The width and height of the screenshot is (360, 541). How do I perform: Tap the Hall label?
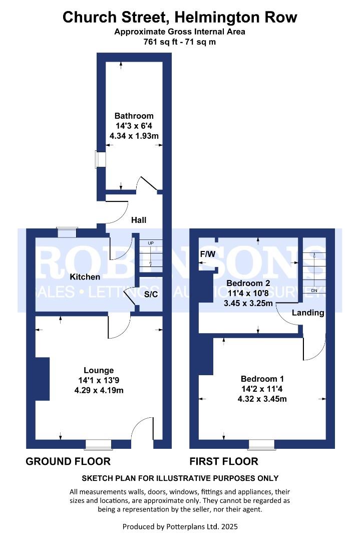pos(139,220)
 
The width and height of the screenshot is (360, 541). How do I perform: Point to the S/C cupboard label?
pos(151,294)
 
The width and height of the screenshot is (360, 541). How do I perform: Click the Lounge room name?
pos(99,371)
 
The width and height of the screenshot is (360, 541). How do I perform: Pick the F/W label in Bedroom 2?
pos(207,254)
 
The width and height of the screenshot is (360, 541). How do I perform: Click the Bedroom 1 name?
pos(263,379)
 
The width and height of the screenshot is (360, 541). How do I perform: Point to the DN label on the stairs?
pos(314,290)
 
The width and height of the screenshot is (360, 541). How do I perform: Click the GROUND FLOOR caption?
pos(68,461)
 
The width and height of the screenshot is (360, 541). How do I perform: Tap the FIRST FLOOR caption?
pos(224,461)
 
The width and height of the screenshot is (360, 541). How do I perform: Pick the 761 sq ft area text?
pos(156,42)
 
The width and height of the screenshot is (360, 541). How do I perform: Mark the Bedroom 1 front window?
pos(262,444)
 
